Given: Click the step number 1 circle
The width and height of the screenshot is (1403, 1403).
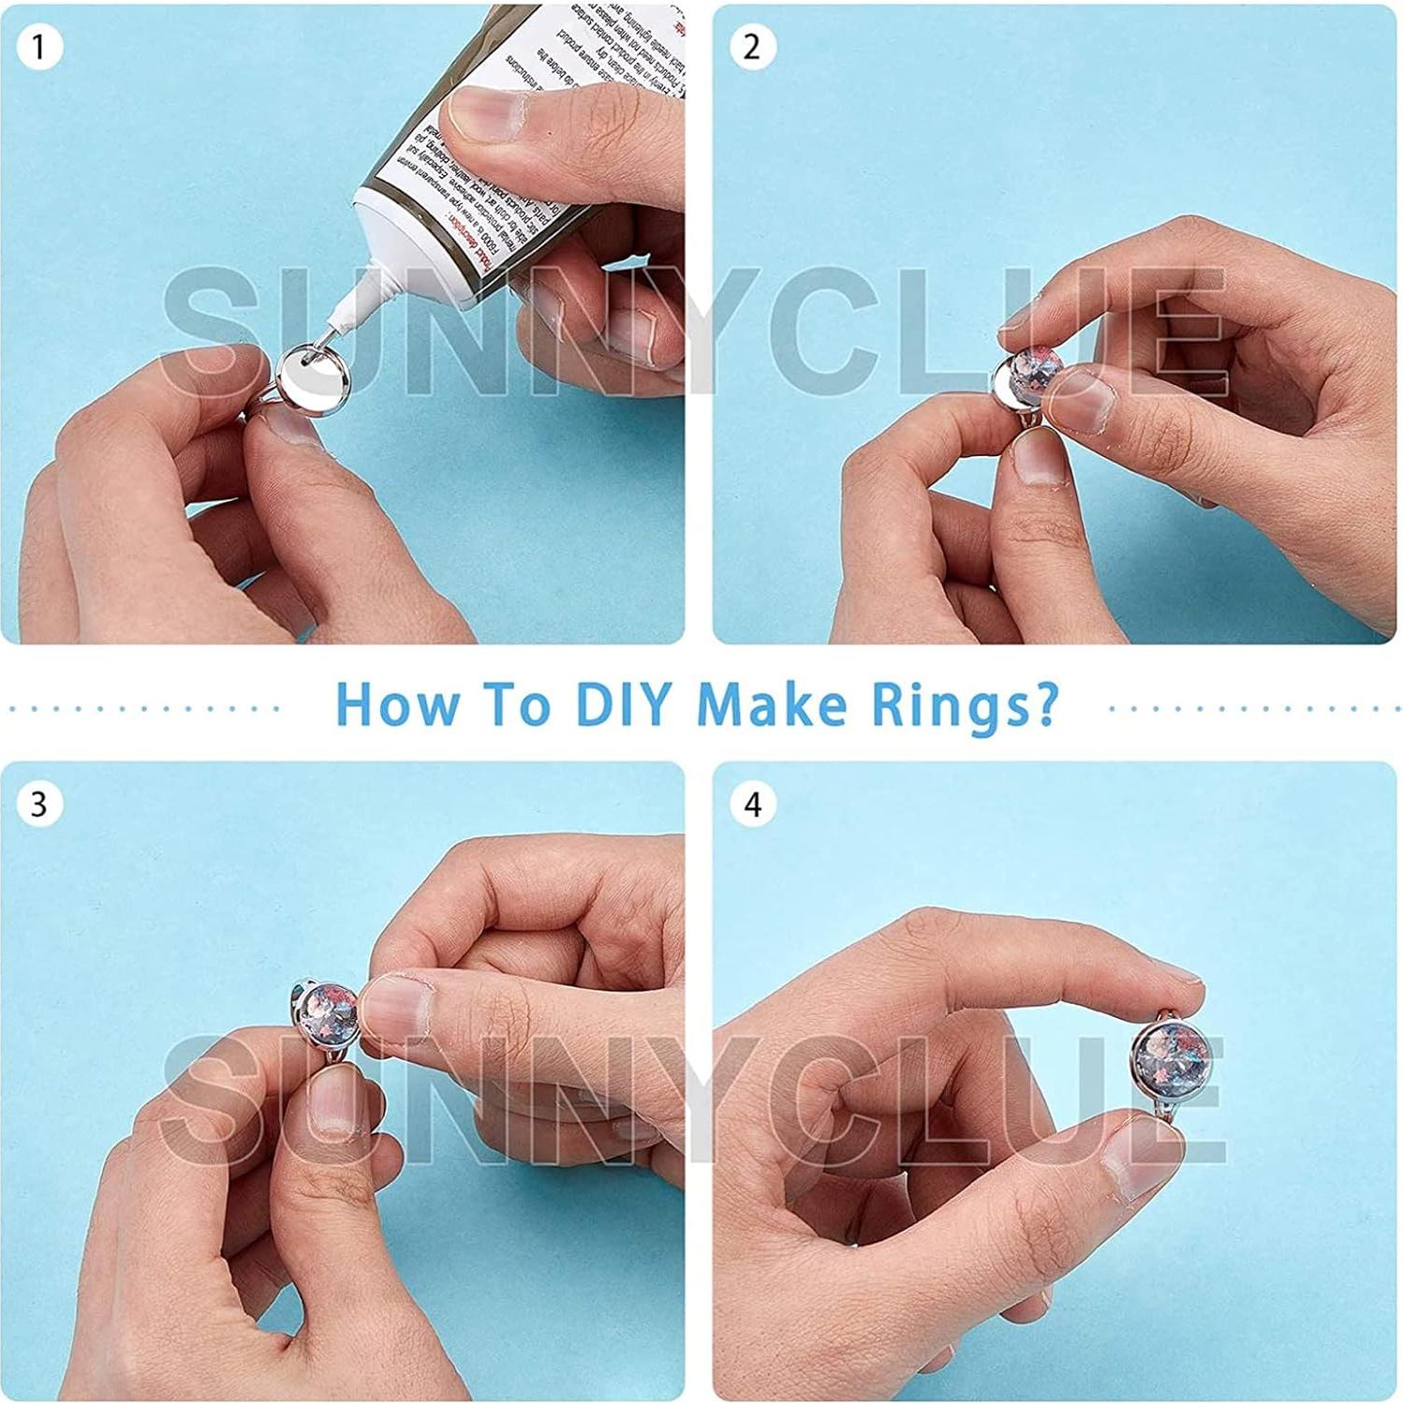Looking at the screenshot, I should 38,47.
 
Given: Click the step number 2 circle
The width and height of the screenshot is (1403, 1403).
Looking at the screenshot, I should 752,47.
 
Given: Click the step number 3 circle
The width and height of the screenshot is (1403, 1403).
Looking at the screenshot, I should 38,805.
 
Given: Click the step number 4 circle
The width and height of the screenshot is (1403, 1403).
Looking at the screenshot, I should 752,805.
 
